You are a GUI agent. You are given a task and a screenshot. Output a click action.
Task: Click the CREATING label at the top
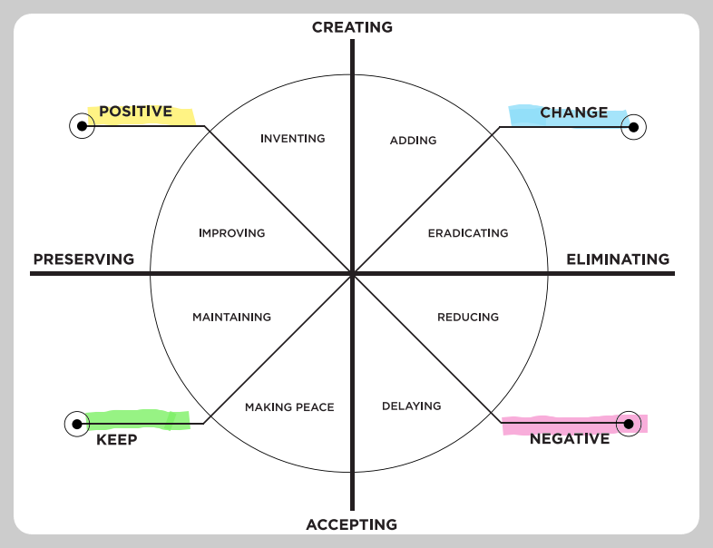tap(352, 27)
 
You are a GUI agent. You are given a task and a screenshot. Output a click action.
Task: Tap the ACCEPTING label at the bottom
tap(352, 524)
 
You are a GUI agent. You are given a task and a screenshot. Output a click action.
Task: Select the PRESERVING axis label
tap(83, 259)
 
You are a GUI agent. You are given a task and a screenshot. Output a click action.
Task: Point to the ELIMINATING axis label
tap(618, 259)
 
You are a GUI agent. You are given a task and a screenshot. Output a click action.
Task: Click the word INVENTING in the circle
tap(292, 139)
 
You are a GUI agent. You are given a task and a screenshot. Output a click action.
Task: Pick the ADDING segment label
tap(413, 141)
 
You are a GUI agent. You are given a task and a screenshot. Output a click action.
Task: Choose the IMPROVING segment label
tap(231, 233)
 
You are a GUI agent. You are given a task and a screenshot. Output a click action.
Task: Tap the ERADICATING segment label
tap(468, 233)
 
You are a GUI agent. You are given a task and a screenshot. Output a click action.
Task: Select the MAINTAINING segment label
tap(231, 318)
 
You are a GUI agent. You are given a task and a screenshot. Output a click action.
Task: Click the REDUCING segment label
tap(468, 318)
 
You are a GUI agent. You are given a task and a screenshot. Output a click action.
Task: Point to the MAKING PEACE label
tap(289, 407)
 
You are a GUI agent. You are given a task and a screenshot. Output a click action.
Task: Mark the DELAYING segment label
tap(411, 406)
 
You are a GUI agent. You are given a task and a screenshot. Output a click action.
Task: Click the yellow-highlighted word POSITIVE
tap(135, 112)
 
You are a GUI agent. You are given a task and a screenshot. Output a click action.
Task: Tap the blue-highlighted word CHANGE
tap(573, 113)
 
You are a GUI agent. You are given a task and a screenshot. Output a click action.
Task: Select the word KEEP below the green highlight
tap(116, 440)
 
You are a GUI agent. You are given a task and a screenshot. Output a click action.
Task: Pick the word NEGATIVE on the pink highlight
tap(570, 439)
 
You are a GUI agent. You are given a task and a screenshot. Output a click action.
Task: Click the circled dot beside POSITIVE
tap(82, 125)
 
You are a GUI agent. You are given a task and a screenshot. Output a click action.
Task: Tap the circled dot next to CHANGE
tap(633, 127)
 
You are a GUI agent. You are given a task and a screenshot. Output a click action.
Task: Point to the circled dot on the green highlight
tap(77, 424)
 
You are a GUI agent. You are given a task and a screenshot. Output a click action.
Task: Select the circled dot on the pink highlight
tap(628, 423)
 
